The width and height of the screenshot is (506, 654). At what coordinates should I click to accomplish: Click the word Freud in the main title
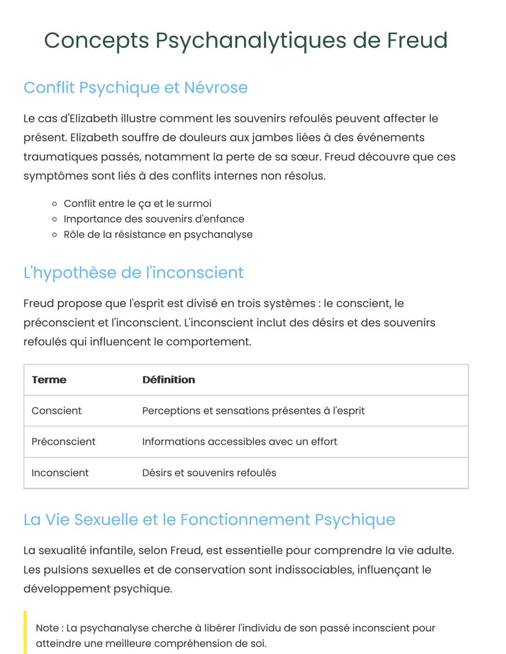(x=417, y=40)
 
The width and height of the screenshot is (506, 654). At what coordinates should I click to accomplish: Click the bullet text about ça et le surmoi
(x=137, y=204)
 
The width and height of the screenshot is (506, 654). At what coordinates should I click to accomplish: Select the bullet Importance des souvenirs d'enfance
(x=154, y=219)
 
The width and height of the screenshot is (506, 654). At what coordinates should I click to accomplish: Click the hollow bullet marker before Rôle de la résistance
(x=55, y=235)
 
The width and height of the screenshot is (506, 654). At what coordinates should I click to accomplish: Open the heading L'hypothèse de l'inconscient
(x=134, y=272)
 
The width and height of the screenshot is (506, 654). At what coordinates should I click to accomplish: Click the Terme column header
(x=49, y=380)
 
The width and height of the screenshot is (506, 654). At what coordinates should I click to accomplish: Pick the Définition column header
(x=169, y=380)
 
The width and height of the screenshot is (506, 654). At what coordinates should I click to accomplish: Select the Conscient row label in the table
(x=56, y=411)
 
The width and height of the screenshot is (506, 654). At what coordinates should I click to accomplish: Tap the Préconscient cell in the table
(x=63, y=441)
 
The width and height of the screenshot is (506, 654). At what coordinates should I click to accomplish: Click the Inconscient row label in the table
(x=60, y=473)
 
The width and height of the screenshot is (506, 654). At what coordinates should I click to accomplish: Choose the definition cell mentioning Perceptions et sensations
(x=253, y=411)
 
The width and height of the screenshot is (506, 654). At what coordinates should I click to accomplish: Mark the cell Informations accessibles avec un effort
(x=239, y=441)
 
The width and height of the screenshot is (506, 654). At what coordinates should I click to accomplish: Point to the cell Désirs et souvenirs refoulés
(x=209, y=473)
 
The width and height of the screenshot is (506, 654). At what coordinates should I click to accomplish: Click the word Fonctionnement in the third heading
(x=245, y=520)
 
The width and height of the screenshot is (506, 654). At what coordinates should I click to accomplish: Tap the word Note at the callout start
(x=47, y=628)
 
